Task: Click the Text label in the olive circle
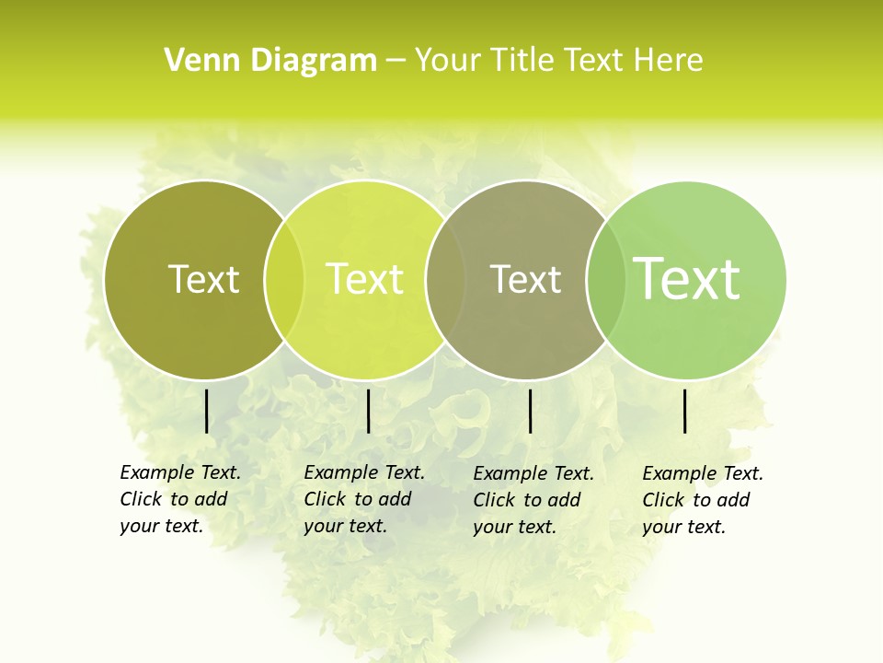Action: (203, 279)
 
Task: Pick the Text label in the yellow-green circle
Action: (365, 279)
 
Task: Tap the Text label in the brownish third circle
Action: (525, 279)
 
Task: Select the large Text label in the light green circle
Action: (687, 278)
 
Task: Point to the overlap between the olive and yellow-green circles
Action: (284, 280)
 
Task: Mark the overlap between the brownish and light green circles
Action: (606, 280)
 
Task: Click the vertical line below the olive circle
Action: (206, 411)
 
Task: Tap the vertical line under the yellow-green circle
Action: (368, 411)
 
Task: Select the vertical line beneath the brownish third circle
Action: (530, 411)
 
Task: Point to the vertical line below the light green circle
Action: (684, 411)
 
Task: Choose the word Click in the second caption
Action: (325, 499)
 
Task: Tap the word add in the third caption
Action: (564, 500)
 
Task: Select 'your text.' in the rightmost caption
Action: (683, 527)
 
